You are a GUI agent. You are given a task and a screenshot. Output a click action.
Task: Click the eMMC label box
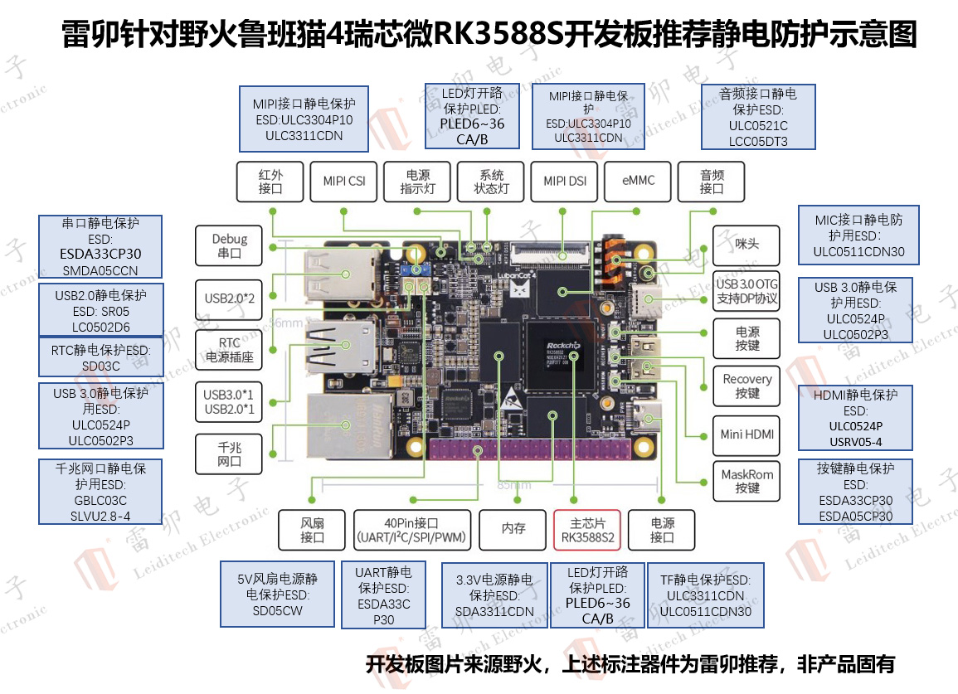[x=639, y=181]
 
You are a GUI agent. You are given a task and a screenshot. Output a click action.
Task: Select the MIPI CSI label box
[x=343, y=181]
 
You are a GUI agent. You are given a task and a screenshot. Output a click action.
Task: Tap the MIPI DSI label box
[x=565, y=181]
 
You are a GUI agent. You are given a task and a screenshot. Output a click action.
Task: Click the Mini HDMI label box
[x=746, y=434]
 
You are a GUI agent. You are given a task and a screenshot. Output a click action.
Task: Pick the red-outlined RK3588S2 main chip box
[x=586, y=531]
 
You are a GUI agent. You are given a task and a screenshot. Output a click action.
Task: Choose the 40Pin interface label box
[x=411, y=531]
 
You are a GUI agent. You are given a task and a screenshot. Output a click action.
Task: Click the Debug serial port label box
[x=230, y=245]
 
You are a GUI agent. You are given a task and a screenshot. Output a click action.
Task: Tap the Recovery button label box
[x=746, y=386]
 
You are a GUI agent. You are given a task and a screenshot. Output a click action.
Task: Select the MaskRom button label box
[x=746, y=481]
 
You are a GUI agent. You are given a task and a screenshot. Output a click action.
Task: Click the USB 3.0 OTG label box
[x=746, y=291]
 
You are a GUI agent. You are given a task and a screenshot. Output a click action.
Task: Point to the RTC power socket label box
[x=230, y=350]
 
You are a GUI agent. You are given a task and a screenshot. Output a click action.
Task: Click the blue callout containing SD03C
[x=101, y=357]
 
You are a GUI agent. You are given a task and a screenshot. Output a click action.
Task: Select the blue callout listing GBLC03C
[x=101, y=492]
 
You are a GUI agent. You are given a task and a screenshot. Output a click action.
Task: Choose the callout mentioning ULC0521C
[x=759, y=116]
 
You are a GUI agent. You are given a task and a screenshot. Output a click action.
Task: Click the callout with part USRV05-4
[x=854, y=419]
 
